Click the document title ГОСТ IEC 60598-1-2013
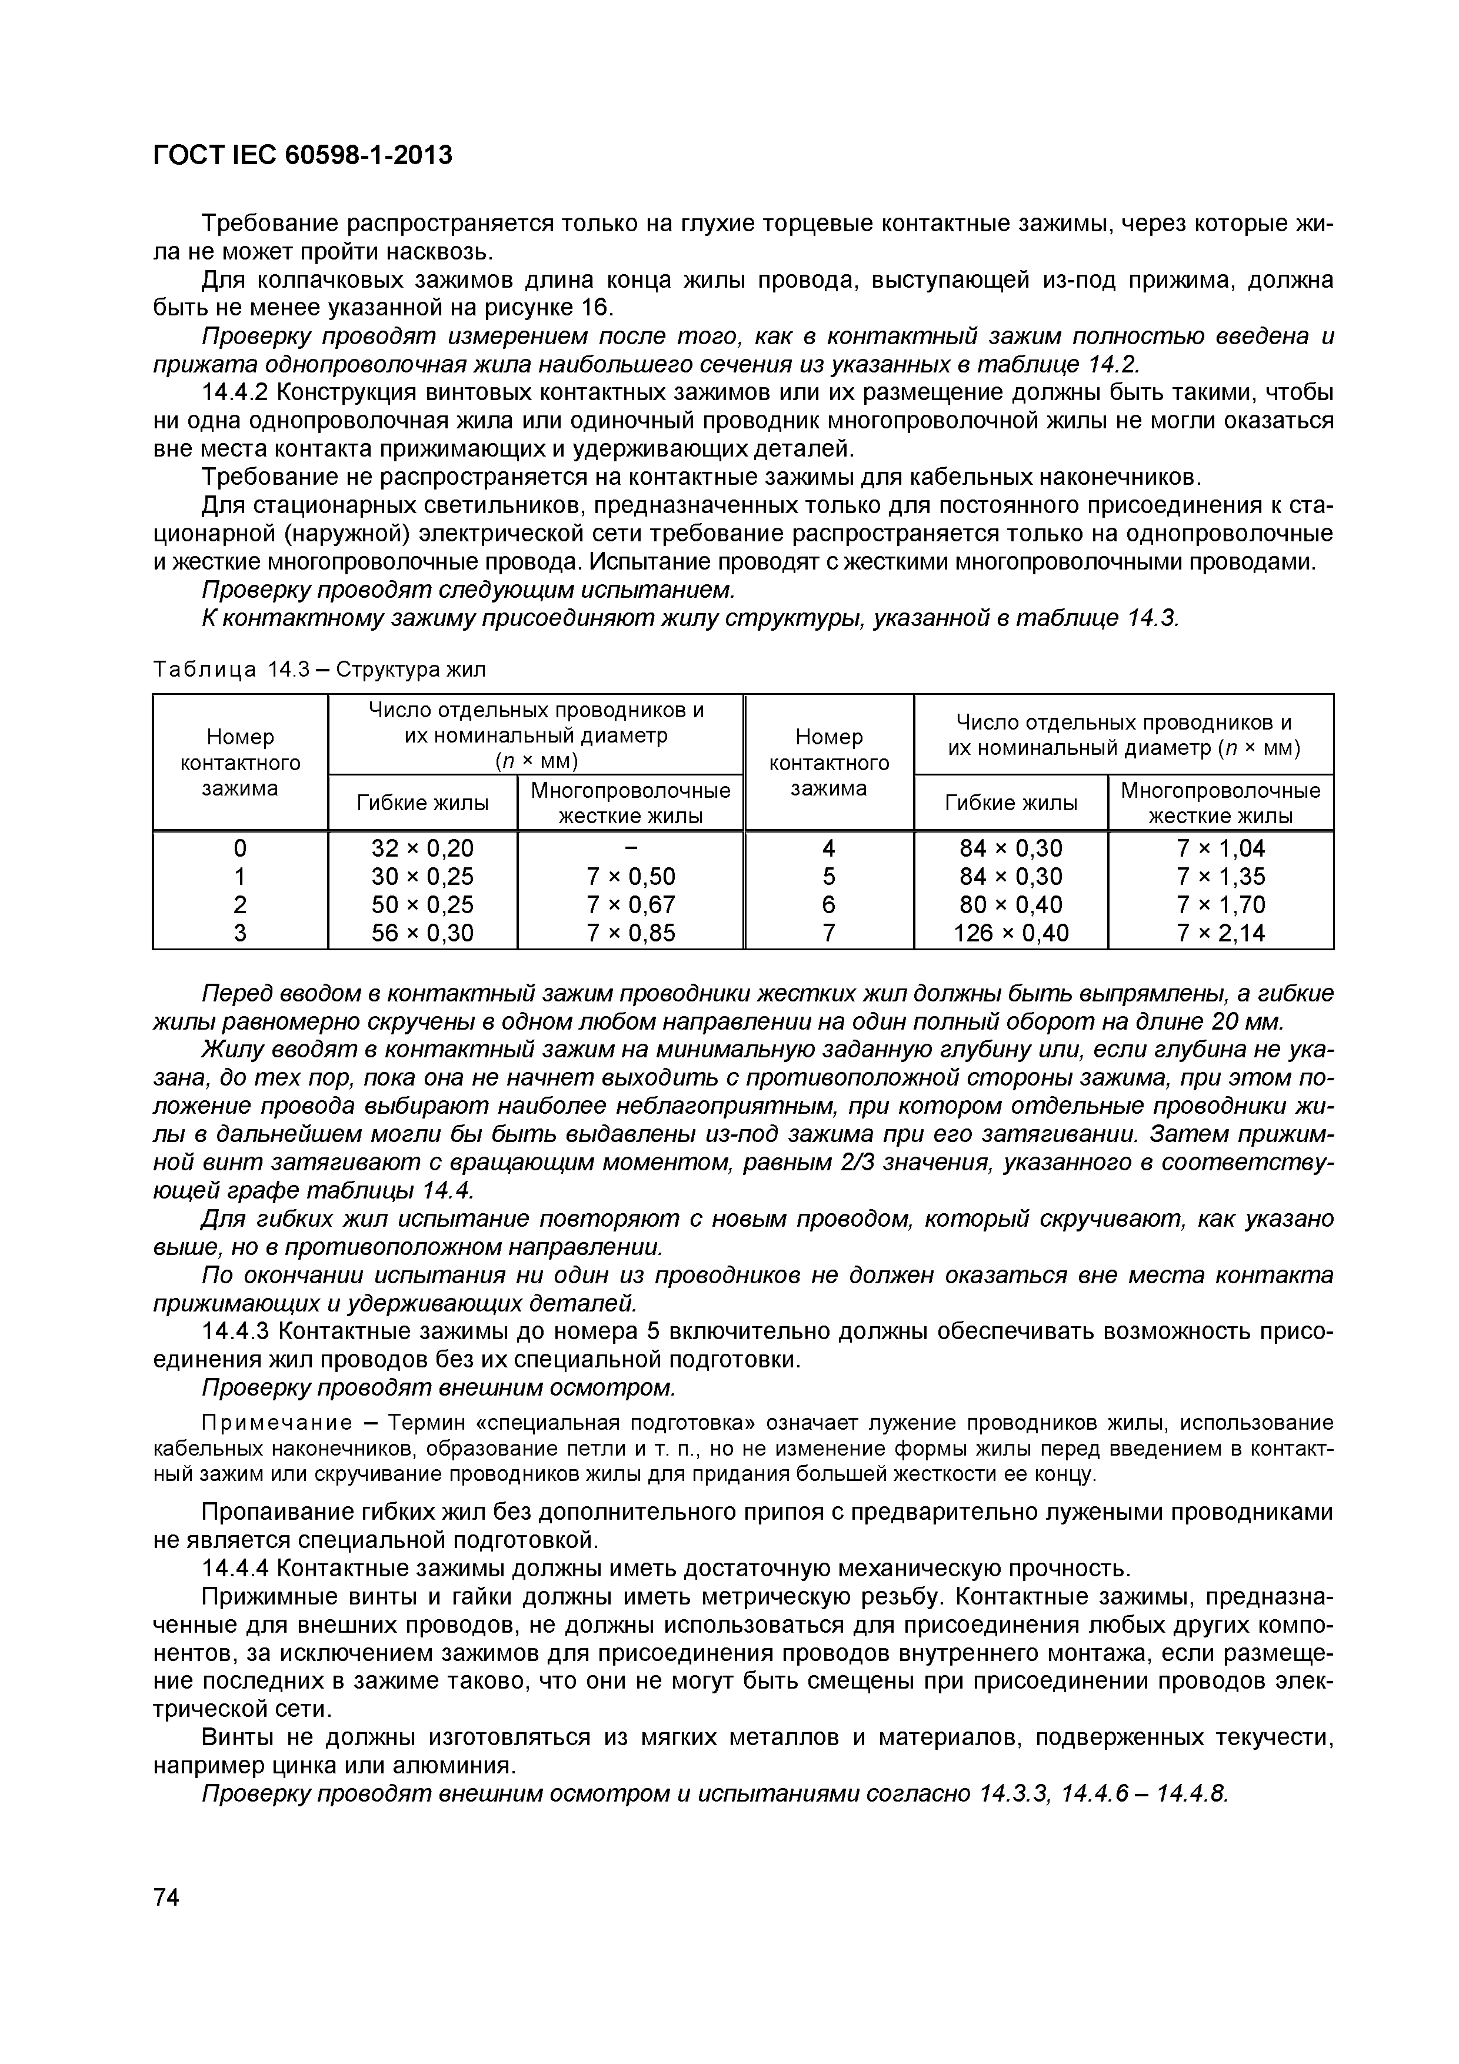303,155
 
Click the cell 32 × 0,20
422,848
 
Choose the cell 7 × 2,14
1220,933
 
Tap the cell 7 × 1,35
1220,877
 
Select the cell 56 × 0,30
422,933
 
